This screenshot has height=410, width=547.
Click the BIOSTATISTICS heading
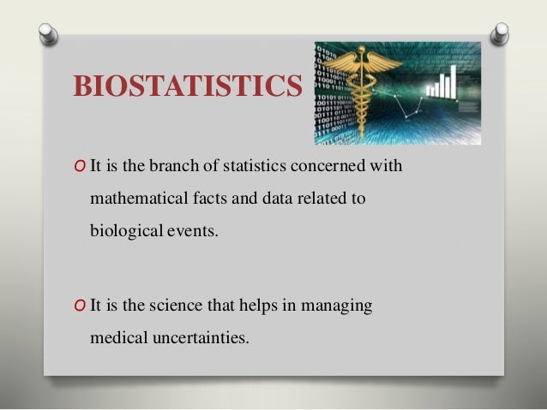[188, 86]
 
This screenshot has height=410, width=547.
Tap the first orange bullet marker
[80, 165]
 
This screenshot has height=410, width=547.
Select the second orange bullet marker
[80, 305]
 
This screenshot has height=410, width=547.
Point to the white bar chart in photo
[447, 83]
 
